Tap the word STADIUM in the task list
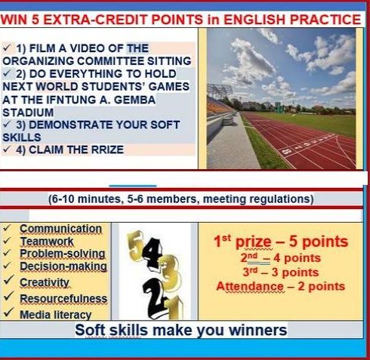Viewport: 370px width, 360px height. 28,112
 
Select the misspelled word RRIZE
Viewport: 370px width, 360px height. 107,149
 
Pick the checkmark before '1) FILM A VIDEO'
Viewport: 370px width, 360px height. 7,48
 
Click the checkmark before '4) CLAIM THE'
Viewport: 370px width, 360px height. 7,149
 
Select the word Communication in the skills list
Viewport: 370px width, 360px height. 61,229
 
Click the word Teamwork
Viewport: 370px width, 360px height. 47,242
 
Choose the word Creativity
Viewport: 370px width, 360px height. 45,282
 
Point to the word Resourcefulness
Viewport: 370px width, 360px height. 63,299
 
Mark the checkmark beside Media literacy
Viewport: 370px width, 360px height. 8,312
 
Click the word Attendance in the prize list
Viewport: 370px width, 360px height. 250,286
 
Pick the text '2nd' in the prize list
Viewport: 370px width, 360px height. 249,257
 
